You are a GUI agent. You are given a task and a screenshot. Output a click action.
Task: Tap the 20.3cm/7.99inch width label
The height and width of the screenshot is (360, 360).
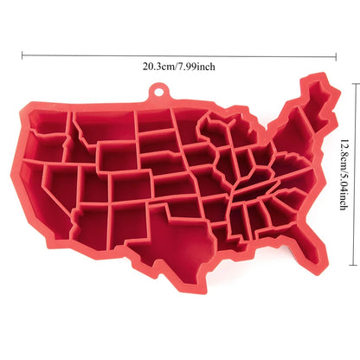point(180,65)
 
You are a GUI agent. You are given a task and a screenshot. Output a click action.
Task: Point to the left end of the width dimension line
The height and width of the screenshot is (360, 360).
point(23,55)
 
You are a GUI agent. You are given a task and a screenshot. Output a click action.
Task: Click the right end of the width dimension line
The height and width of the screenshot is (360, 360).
point(337,55)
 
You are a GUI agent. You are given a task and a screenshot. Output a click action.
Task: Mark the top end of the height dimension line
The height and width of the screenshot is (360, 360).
point(353,82)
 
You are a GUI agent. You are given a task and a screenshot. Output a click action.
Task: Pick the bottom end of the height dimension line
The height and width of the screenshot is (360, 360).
point(353,267)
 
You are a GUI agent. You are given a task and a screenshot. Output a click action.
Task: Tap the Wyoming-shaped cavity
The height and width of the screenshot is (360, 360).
point(116,157)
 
